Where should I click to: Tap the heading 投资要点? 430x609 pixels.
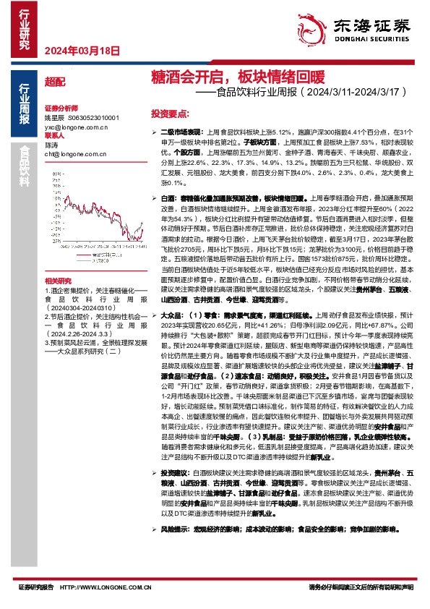tap(170, 114)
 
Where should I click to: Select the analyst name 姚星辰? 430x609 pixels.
tap(54, 117)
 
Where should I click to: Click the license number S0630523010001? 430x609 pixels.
tap(93, 117)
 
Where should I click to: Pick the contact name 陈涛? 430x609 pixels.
tap(51, 145)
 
